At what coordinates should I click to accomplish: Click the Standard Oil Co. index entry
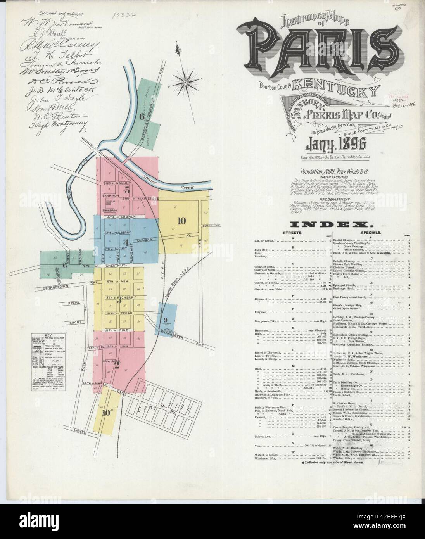coord(345,419)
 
